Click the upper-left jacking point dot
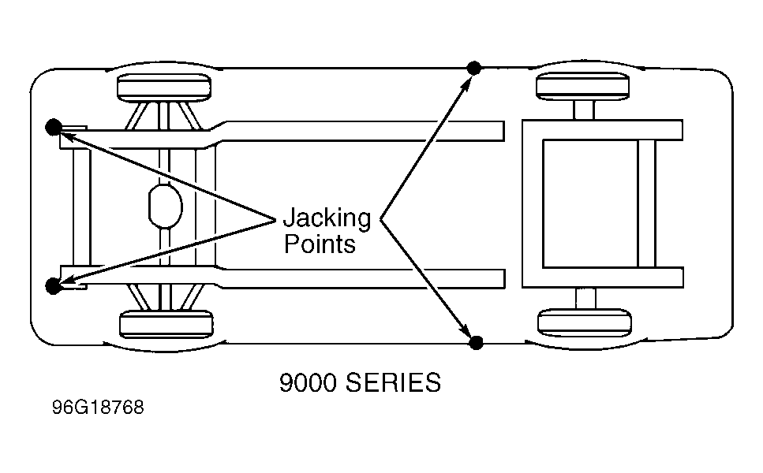(54, 127)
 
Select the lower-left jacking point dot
(53, 286)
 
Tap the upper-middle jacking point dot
(474, 68)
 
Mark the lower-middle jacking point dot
(476, 342)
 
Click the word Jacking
(327, 218)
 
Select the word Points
(320, 244)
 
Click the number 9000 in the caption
(308, 382)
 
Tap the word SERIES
(393, 382)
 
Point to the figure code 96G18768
(98, 408)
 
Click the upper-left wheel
(164, 88)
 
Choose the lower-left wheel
(166, 324)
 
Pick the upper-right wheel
(583, 86)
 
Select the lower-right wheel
(585, 322)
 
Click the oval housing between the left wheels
(166, 206)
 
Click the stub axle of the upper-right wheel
(584, 110)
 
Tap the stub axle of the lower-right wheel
(585, 299)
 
